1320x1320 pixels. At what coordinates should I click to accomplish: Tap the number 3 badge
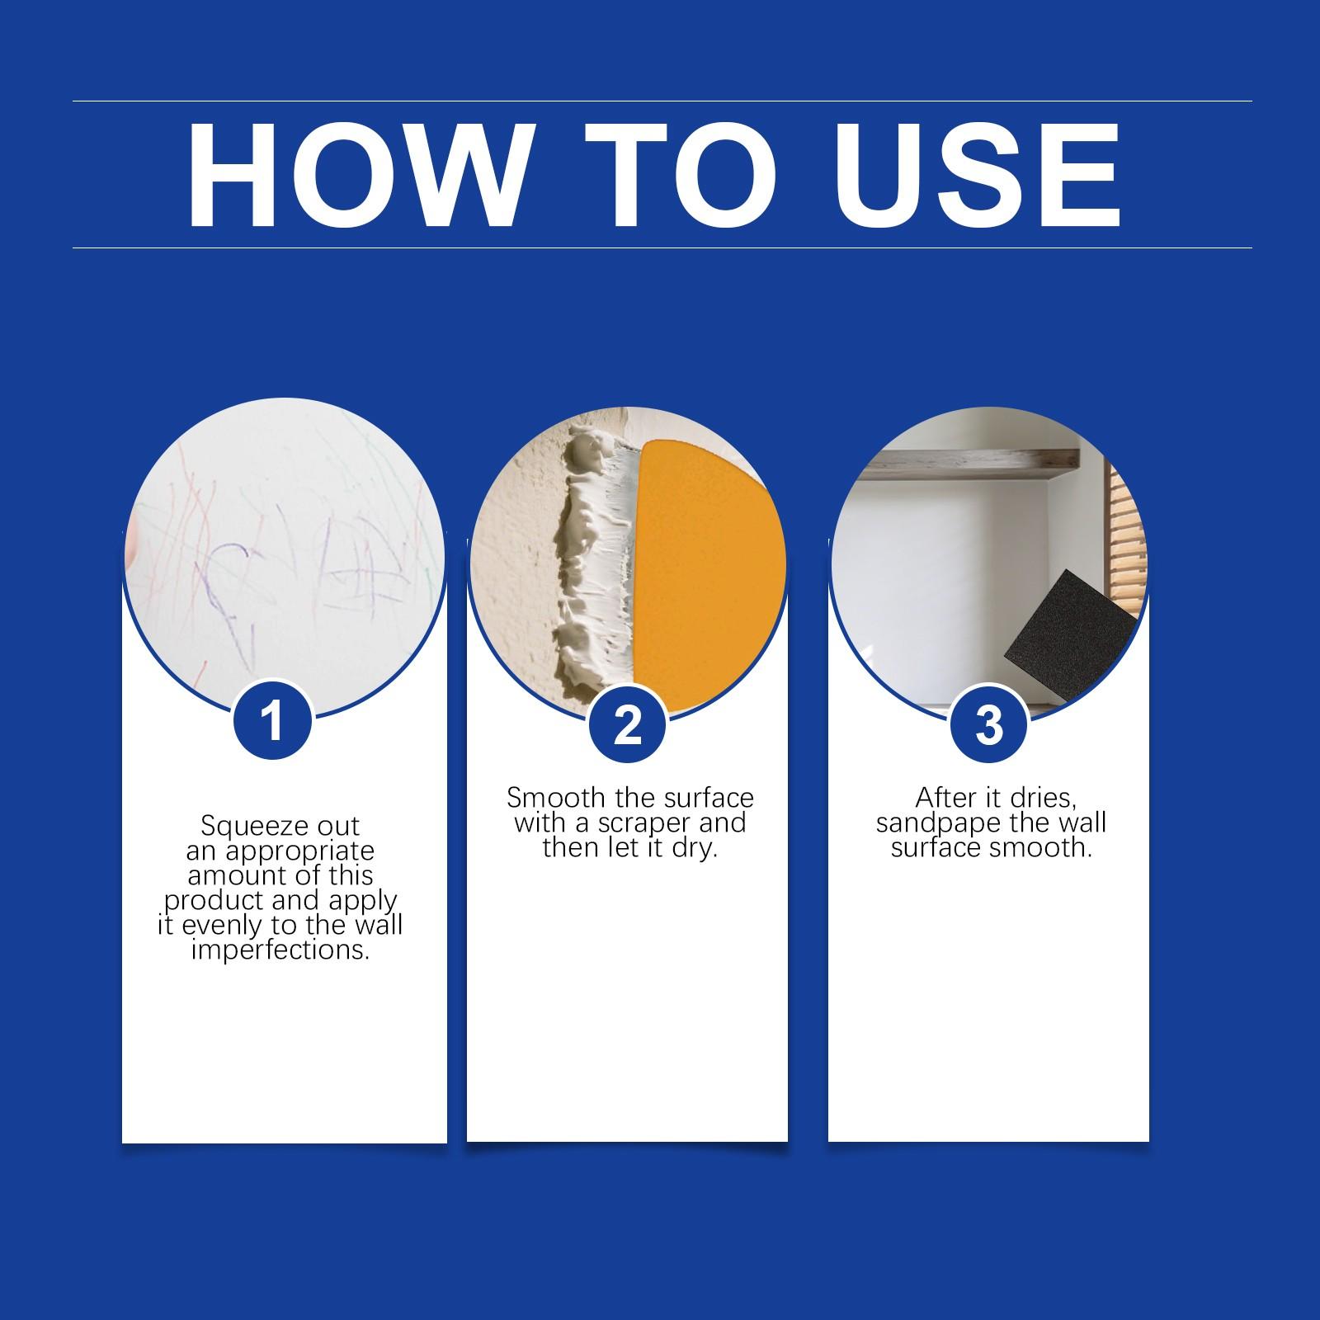tap(988, 725)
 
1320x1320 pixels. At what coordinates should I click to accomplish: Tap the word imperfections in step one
tap(280, 950)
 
